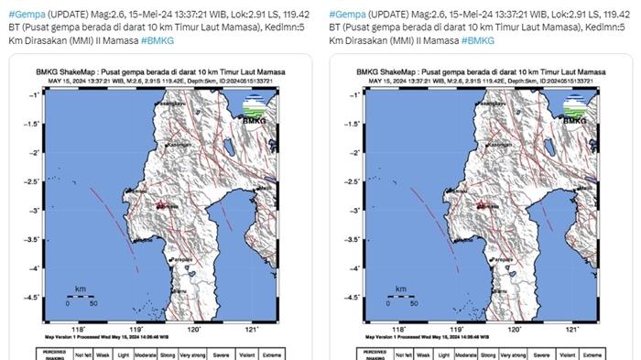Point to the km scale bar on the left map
point(81,296)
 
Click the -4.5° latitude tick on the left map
point(34,297)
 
